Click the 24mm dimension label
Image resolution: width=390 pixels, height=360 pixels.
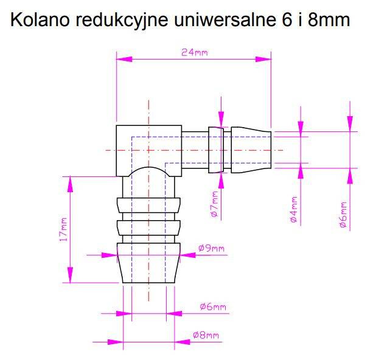194,52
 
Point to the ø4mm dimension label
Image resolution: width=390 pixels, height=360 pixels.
293,210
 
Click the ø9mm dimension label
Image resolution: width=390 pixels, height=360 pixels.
211,248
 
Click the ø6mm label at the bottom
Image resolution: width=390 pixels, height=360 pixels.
212,307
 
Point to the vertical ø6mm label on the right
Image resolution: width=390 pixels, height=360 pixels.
343,215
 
